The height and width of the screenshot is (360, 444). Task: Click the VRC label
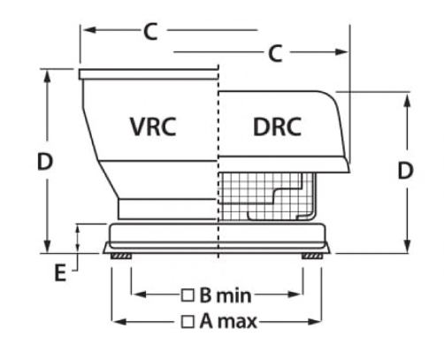[153, 126]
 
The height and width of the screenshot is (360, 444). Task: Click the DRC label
[277, 126]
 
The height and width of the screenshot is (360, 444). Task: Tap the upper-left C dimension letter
[150, 32]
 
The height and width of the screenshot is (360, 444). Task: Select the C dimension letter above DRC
[275, 54]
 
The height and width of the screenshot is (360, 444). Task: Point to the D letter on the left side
[45, 162]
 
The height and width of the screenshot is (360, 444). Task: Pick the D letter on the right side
[405, 171]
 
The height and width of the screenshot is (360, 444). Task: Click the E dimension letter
[60, 272]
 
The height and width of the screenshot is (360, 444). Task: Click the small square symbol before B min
[188, 295]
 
